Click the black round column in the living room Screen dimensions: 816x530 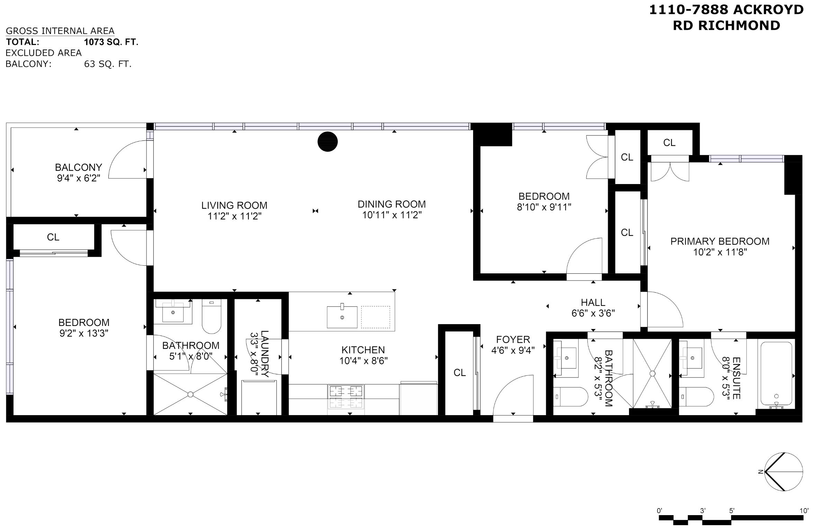(x=328, y=141)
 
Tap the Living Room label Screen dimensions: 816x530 (x=234, y=205)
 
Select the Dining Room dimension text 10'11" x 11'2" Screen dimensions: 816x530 (x=392, y=215)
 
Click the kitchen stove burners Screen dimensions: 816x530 (x=346, y=397)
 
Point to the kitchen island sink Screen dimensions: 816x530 (x=342, y=317)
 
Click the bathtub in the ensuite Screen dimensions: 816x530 (x=776, y=373)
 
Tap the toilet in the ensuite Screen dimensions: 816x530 (x=696, y=396)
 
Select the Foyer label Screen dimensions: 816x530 (x=513, y=339)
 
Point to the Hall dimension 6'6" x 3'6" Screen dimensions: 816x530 (x=593, y=313)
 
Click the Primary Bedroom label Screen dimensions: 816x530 (x=720, y=241)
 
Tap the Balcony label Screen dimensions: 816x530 (x=79, y=167)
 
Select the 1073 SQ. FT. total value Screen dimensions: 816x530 (x=111, y=42)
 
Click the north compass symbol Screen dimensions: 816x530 (x=783, y=472)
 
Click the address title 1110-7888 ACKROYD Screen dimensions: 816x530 (x=726, y=10)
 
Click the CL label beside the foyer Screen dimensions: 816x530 (x=460, y=373)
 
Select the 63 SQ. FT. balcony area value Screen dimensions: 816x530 (x=108, y=64)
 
